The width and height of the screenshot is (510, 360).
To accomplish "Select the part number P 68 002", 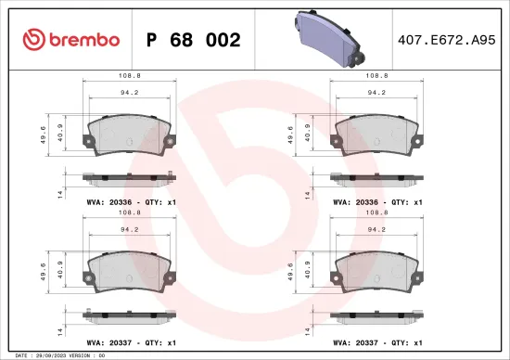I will pos(196,40).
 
